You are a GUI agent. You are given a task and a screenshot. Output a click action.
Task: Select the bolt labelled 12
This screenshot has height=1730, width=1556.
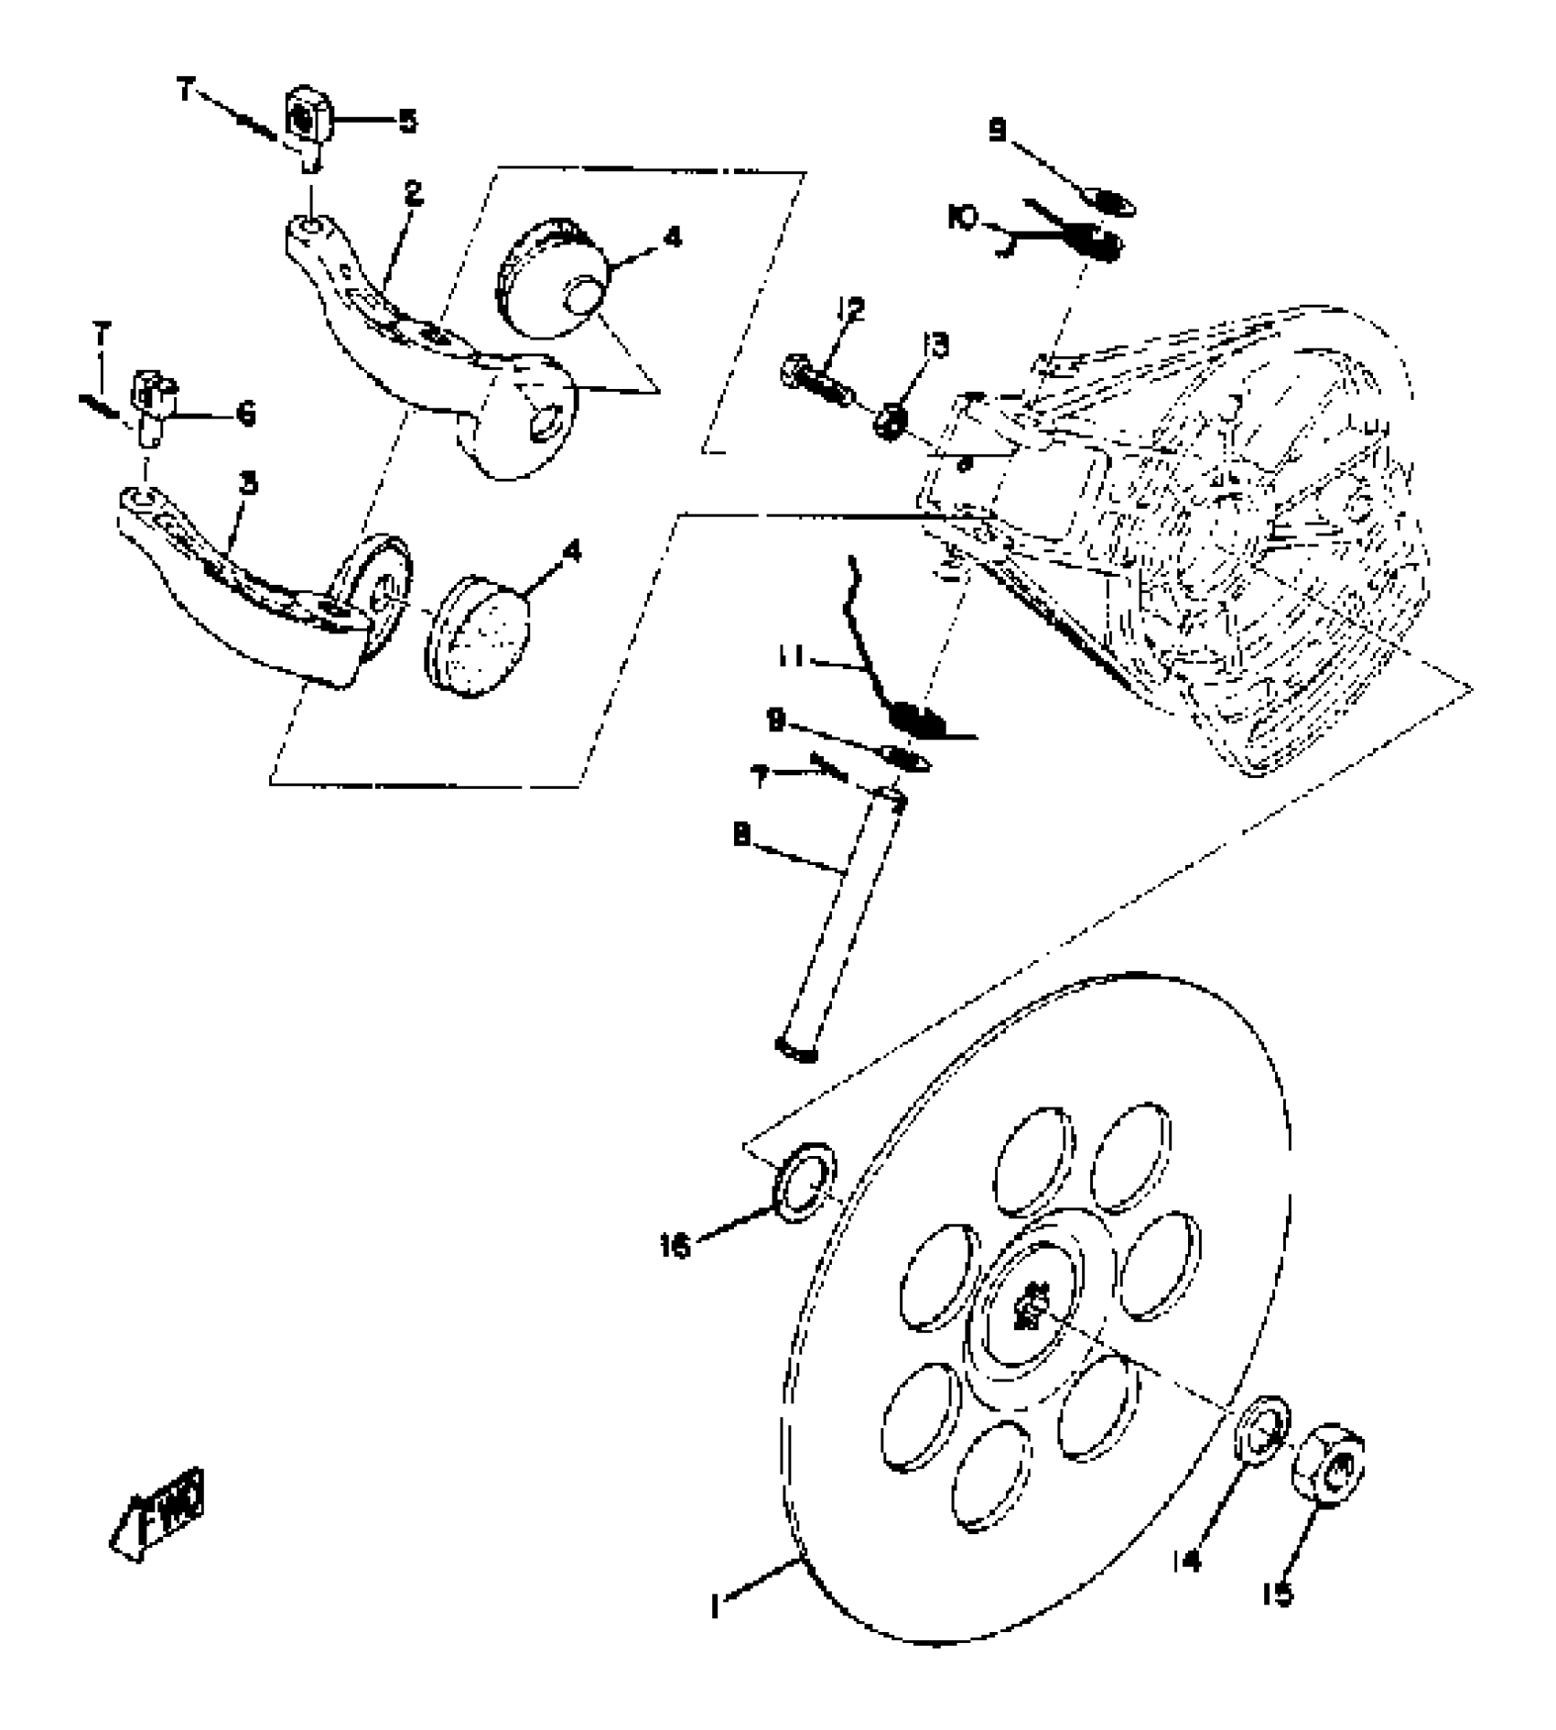817,382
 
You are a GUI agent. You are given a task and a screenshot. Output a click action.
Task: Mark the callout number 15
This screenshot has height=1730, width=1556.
1278,1595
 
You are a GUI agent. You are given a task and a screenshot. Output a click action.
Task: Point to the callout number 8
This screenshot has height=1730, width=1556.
741,835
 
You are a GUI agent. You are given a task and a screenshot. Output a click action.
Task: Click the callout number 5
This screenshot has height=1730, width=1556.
406,121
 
